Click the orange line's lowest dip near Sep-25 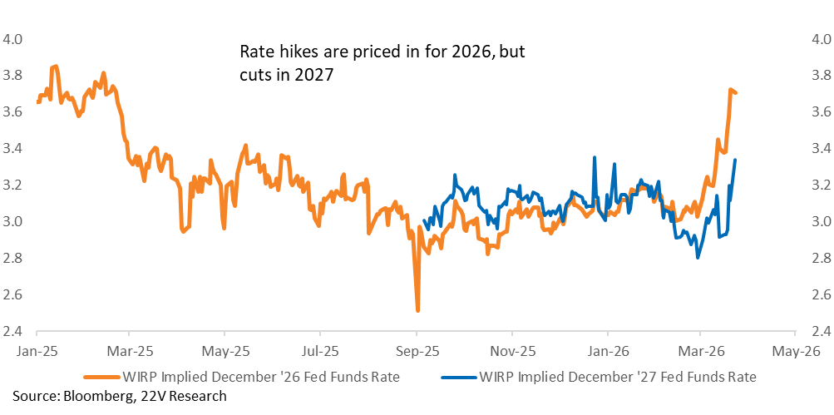417,310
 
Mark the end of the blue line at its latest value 735,160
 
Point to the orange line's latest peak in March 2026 730,90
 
